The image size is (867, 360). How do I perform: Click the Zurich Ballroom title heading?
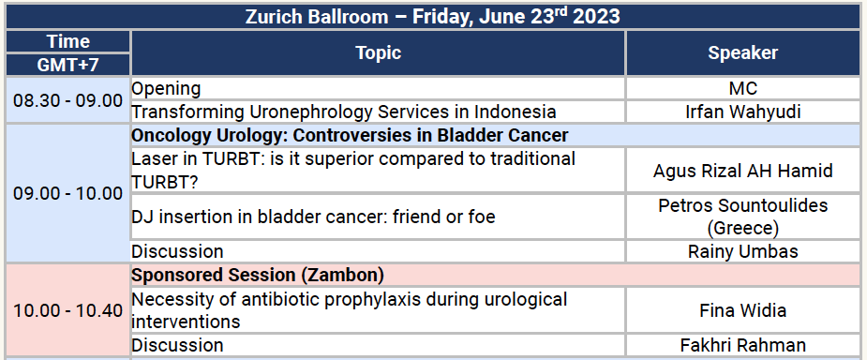(432, 16)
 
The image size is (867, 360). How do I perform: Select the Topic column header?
(378, 53)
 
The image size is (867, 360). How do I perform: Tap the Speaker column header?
(742, 53)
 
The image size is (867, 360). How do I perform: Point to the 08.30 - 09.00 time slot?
(67, 100)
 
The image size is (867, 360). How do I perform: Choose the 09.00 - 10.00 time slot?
(67, 194)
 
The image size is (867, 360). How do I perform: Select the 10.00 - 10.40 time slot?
(67, 310)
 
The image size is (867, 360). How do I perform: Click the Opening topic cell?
(166, 89)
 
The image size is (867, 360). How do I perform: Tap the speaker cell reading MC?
(742, 89)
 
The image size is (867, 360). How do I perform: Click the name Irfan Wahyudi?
(742, 112)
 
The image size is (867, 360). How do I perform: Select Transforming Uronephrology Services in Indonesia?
(344, 112)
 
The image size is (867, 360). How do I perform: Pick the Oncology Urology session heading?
(350, 135)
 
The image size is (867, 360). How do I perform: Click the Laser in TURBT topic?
(353, 170)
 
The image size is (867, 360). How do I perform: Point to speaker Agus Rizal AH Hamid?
(742, 171)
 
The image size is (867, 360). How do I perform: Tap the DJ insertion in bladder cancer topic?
(313, 217)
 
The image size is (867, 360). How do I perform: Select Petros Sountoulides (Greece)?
(742, 217)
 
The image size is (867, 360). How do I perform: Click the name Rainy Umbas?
(742, 251)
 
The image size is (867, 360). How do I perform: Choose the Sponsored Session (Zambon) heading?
(258, 276)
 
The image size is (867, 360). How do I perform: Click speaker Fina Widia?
(742, 310)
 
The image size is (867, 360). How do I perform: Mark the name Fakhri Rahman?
(742, 345)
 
